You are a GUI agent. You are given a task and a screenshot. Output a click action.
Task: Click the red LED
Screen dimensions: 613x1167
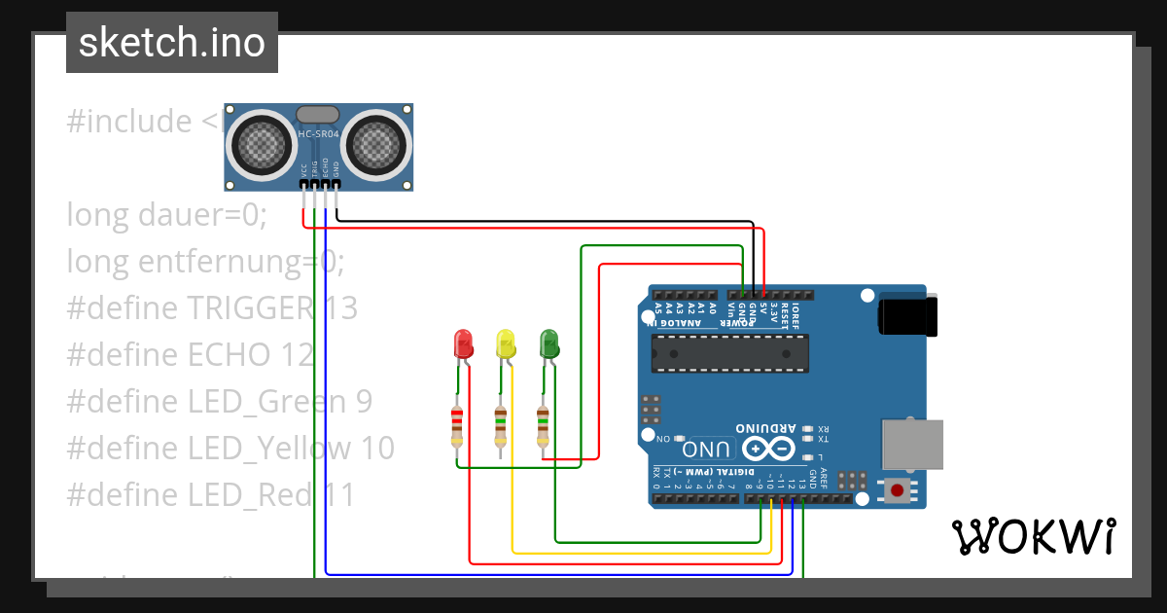pyautogui.click(x=463, y=343)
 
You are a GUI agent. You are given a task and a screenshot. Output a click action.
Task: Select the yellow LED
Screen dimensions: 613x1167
pyautogui.click(x=505, y=343)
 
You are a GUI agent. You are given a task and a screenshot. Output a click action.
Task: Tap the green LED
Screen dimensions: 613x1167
pyautogui.click(x=548, y=343)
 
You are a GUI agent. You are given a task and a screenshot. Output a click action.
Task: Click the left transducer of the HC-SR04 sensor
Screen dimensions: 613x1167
pyautogui.click(x=261, y=145)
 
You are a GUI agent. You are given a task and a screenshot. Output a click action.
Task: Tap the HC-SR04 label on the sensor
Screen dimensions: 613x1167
pyautogui.click(x=318, y=134)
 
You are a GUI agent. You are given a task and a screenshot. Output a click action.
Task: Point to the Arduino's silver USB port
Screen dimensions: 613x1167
pyautogui.click(x=912, y=445)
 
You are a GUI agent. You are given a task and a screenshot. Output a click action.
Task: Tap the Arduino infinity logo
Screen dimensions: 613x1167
pyautogui.click(x=767, y=449)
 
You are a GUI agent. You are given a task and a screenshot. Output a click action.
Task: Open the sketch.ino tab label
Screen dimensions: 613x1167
pyautogui.click(x=172, y=43)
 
